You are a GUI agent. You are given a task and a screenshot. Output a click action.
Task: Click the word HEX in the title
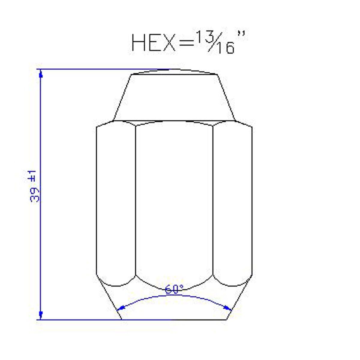[x=153, y=43]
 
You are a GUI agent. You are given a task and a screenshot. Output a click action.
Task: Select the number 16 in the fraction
[x=225, y=48]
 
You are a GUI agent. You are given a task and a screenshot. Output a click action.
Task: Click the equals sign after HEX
[x=187, y=43]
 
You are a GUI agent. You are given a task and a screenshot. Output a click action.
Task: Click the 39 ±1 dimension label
[x=34, y=186]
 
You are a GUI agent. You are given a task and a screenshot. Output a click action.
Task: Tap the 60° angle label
[x=174, y=289]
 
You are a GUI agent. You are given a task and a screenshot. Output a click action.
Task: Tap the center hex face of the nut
[x=174, y=201]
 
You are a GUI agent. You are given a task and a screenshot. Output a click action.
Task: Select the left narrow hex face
[x=116, y=201]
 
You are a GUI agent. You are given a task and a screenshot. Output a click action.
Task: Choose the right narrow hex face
[x=233, y=201]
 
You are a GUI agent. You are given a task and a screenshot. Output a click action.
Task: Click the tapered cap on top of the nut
[x=174, y=96]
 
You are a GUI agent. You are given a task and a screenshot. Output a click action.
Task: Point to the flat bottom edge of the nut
[x=174, y=320]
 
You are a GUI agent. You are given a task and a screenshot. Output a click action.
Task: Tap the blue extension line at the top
[x=99, y=69]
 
